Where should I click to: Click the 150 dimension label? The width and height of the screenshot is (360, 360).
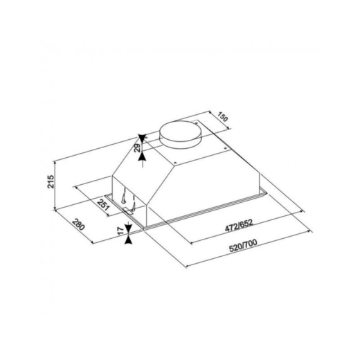pos(223,117)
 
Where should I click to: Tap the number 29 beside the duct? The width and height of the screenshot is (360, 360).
pos(137,147)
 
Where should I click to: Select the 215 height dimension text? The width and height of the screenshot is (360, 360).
pos(51,181)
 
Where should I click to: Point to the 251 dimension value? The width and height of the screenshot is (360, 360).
pos(103,204)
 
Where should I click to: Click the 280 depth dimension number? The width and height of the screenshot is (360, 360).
pos(78,224)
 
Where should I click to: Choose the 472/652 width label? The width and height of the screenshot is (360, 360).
pos(239,225)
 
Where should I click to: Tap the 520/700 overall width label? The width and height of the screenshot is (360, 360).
pos(243,246)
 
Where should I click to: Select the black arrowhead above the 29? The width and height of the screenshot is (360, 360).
pos(143,138)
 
